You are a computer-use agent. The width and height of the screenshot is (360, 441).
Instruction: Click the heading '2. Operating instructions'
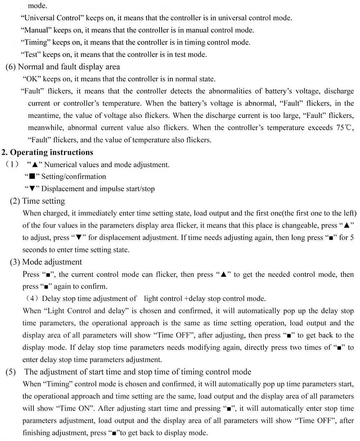click(x=48, y=152)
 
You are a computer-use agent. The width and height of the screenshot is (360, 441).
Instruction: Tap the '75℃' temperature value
click(x=346, y=128)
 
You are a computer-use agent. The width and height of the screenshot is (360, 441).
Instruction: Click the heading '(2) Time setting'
click(x=37, y=201)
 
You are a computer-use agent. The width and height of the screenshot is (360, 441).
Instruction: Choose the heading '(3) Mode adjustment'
click(x=46, y=262)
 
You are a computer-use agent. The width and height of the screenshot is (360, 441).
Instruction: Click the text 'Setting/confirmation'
click(x=74, y=177)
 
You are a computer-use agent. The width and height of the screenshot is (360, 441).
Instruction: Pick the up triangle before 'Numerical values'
click(x=35, y=165)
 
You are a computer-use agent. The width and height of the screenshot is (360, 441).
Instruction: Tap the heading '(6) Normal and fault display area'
click(x=63, y=67)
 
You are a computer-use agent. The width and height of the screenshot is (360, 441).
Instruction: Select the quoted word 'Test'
click(x=32, y=54)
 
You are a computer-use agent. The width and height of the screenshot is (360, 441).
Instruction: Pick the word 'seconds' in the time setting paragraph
click(x=34, y=250)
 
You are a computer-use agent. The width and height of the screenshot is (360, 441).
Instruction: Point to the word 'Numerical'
click(x=60, y=165)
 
